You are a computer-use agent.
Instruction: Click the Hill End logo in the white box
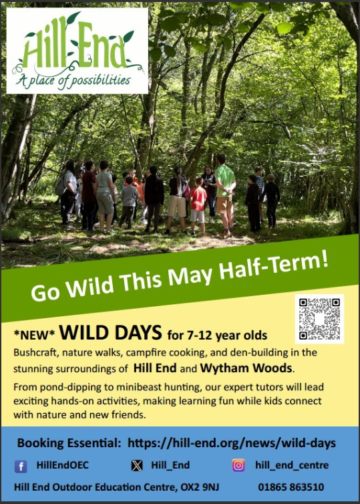tap(77, 51)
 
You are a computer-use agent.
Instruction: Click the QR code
tap(319, 319)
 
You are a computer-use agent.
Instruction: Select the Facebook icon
tap(21, 466)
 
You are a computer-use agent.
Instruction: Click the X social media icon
tap(137, 465)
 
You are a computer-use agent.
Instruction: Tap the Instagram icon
tap(238, 465)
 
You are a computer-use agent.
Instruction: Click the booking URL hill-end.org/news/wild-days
tap(232, 443)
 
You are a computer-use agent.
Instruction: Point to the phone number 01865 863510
tap(291, 487)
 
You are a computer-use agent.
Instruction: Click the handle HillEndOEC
tap(62, 465)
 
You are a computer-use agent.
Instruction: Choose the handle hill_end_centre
tap(292, 465)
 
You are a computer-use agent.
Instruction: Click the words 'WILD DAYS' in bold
tap(110, 333)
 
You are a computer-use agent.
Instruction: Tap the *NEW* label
tap(34, 335)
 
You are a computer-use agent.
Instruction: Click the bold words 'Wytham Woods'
tap(246, 368)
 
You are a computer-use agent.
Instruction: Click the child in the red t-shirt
tap(198, 205)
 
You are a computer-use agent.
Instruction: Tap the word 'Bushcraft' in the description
tap(35, 353)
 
